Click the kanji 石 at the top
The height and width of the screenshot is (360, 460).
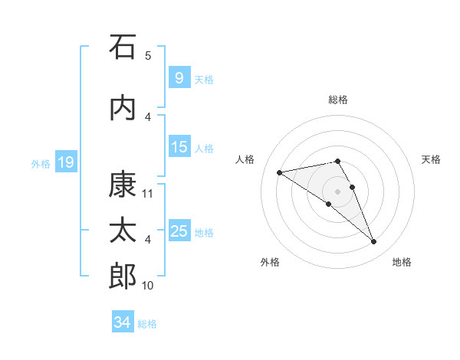(x=123, y=47)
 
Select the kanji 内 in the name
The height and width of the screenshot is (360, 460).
(x=123, y=109)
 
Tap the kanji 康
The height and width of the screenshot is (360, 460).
(x=123, y=185)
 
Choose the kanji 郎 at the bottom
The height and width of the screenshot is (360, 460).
(x=123, y=276)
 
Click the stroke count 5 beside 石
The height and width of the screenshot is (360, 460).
(x=148, y=56)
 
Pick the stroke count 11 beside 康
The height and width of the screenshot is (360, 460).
(x=147, y=194)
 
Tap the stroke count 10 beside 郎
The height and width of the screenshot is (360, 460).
(x=147, y=286)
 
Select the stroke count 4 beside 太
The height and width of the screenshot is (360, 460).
(x=148, y=240)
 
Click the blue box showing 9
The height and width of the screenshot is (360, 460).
(x=179, y=77)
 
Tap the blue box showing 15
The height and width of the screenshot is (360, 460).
(x=179, y=146)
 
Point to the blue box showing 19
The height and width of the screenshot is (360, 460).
(x=66, y=162)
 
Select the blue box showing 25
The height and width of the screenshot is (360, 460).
(x=179, y=230)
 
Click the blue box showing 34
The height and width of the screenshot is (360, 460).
(x=123, y=321)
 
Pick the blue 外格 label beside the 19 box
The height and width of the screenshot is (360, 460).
(x=41, y=164)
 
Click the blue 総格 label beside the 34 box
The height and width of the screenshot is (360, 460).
(x=147, y=324)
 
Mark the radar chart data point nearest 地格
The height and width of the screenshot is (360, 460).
(x=373, y=242)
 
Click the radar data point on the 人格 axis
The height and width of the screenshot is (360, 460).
(x=280, y=172)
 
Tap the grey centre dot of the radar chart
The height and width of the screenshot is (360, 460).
(x=337, y=191)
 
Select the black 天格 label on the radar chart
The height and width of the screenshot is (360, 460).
(x=431, y=159)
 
